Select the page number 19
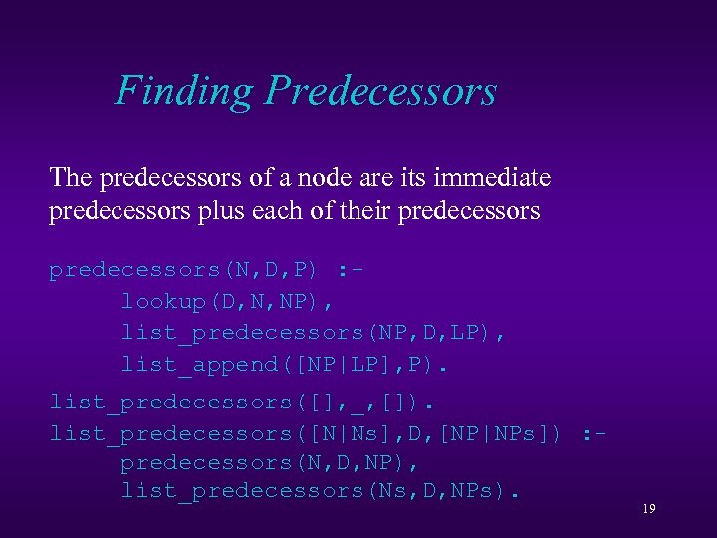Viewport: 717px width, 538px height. pyautogui.click(x=648, y=509)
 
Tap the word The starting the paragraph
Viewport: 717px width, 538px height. pyautogui.click(x=70, y=178)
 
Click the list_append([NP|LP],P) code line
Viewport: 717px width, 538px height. pyautogui.click(x=285, y=364)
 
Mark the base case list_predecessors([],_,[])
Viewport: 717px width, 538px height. pyautogui.click(x=242, y=402)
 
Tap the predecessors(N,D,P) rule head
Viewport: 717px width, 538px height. pyautogui.click(x=184, y=270)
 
